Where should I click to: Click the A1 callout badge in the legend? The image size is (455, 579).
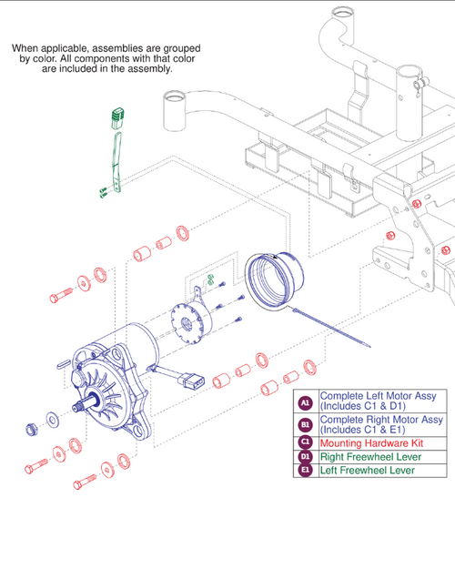pyautogui.click(x=305, y=401)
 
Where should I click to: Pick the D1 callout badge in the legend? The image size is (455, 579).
pyautogui.click(x=305, y=457)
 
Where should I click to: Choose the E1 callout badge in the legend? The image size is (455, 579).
pyautogui.click(x=305, y=471)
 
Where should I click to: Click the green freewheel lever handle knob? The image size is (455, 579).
pyautogui.click(x=116, y=117)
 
